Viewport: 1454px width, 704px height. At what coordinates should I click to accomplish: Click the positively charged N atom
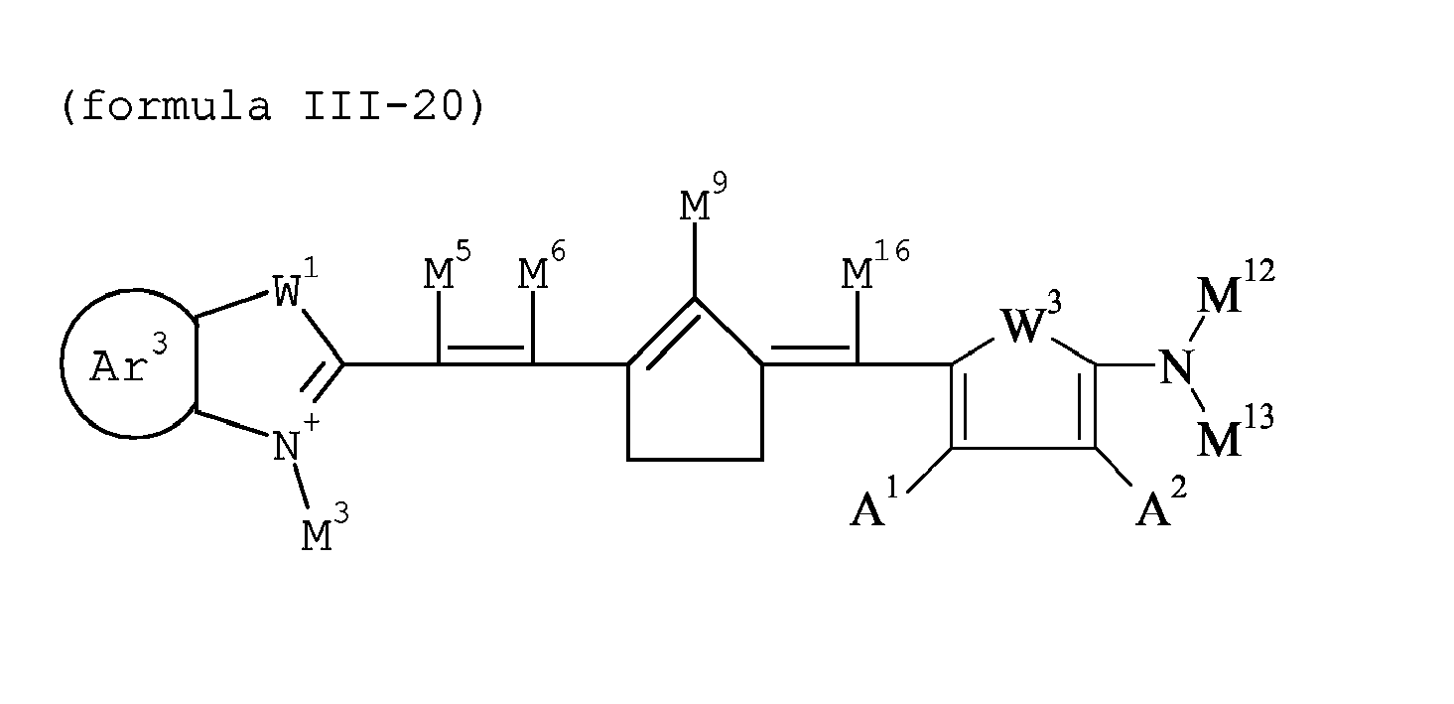tap(287, 446)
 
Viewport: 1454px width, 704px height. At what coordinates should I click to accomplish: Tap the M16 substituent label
tap(873, 270)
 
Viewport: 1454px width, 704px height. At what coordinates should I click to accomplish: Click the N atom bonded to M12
tap(1176, 368)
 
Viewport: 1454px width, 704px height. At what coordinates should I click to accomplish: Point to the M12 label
tap(1234, 292)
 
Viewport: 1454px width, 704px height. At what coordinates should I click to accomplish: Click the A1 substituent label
tap(873, 507)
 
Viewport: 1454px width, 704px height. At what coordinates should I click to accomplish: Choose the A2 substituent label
tap(1158, 507)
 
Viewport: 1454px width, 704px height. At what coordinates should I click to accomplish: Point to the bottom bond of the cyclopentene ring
tap(695, 459)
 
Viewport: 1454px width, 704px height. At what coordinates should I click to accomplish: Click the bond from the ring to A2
tap(1117, 467)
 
